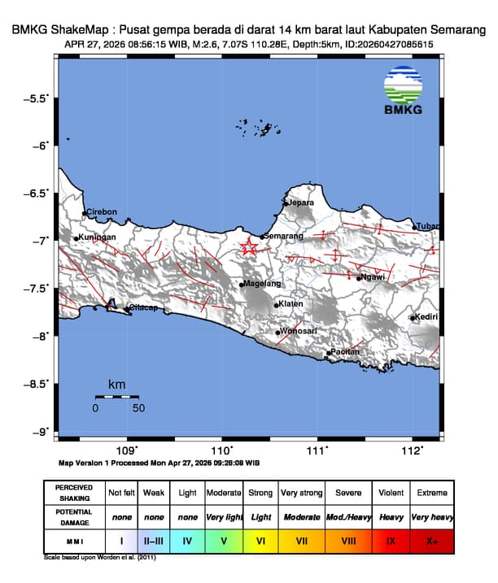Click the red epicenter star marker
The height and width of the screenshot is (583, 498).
249,248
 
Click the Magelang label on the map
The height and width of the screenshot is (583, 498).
263,284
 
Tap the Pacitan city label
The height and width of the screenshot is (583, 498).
345,351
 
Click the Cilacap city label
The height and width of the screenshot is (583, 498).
144,308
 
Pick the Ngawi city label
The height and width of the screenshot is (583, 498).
373,277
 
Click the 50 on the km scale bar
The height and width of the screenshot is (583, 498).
138,408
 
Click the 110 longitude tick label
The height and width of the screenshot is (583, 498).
221,450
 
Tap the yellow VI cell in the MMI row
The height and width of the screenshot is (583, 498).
260,540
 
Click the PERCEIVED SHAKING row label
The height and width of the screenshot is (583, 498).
74,493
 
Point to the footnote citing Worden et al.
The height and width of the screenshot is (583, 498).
99,558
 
